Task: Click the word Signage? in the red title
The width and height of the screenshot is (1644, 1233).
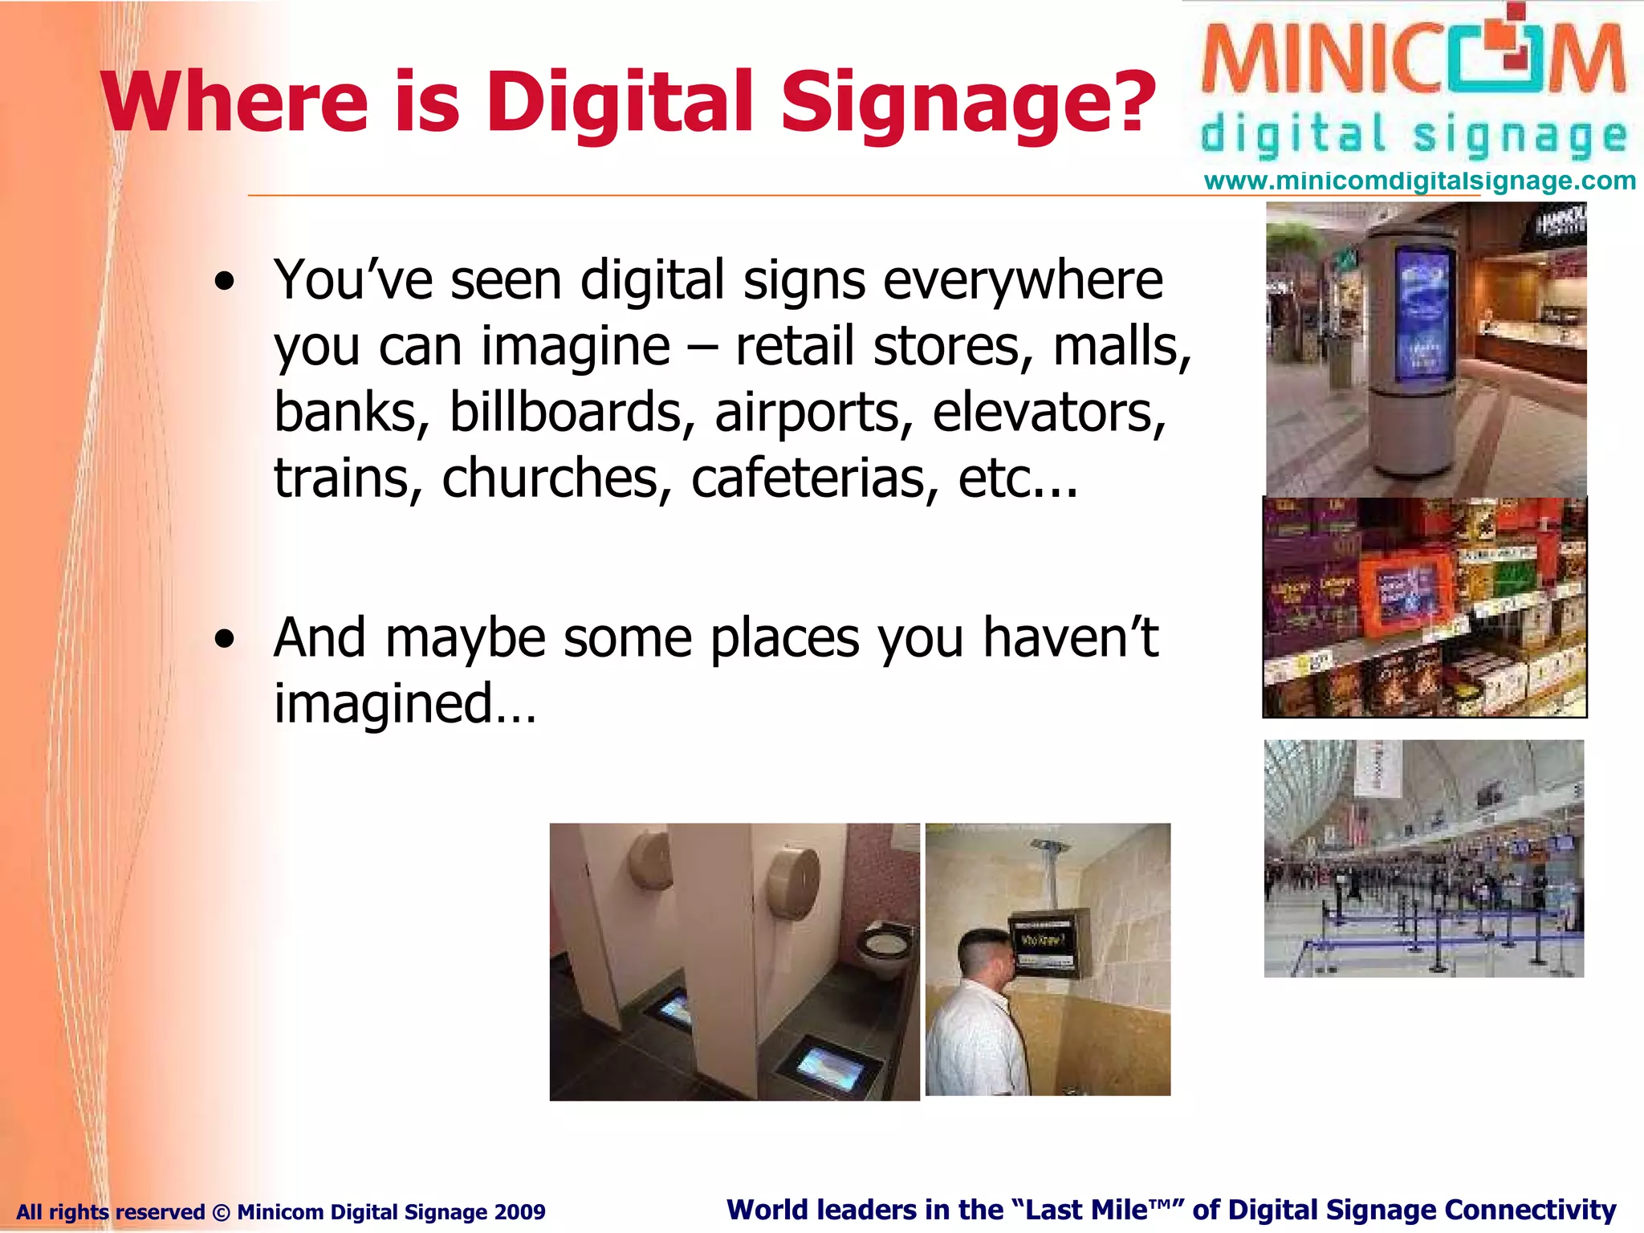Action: [967, 103]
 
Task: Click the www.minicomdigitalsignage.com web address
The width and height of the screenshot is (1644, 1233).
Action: [1419, 181]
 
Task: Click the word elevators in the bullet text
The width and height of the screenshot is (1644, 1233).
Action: [1048, 413]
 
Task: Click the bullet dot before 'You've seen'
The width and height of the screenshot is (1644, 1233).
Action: [226, 282]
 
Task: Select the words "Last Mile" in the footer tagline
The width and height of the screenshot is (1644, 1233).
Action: [1088, 1210]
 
